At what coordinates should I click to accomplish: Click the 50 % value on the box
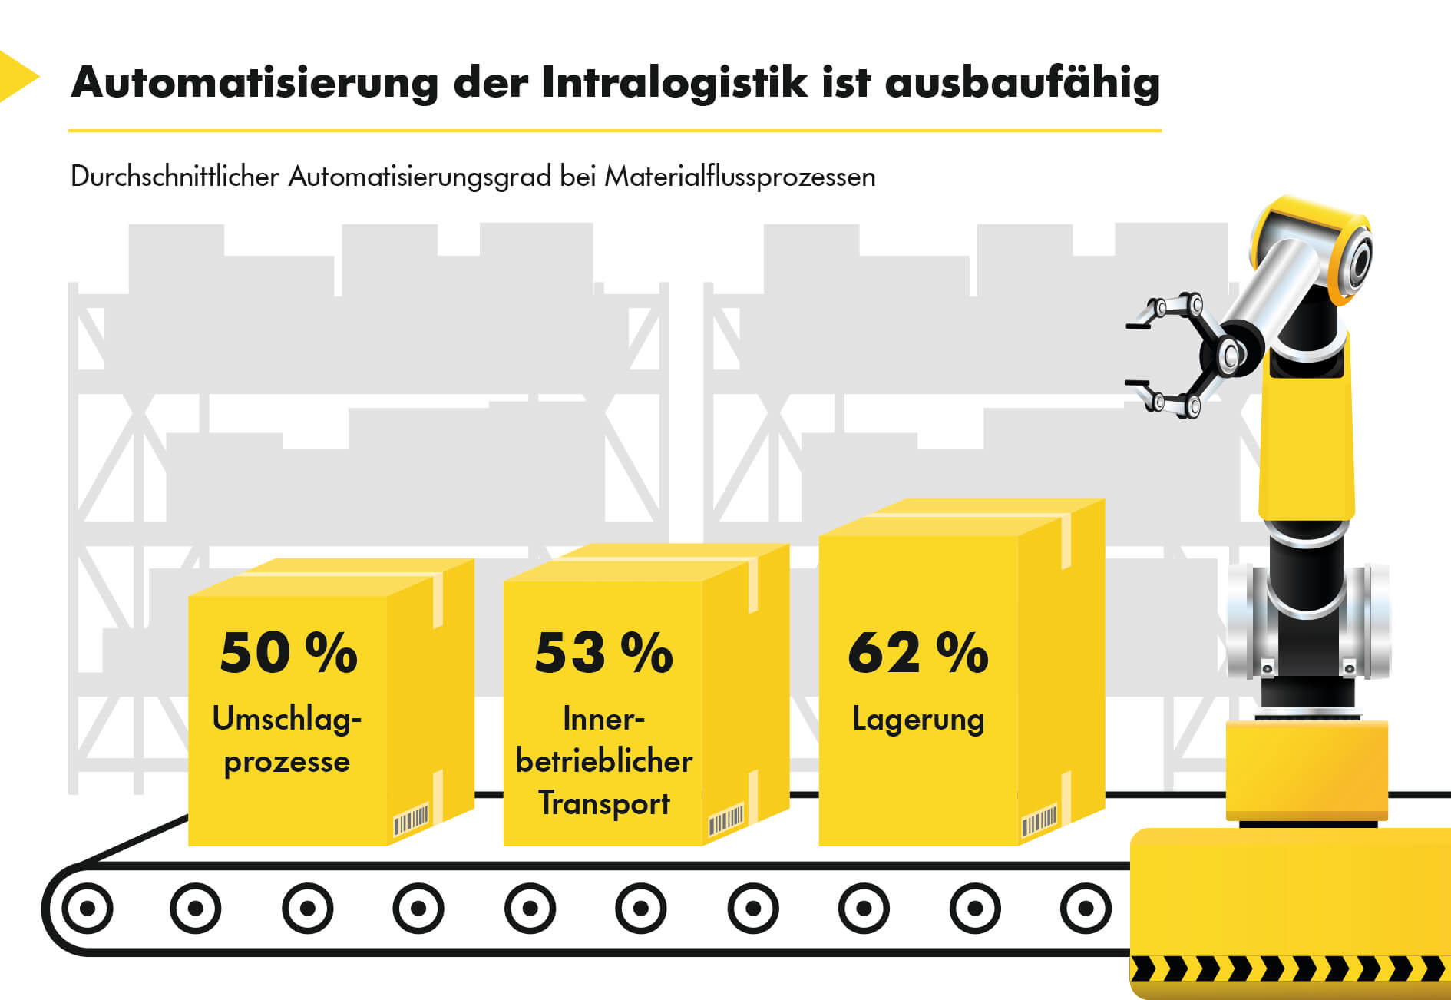[x=289, y=653]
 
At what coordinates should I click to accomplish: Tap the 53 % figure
[x=603, y=653]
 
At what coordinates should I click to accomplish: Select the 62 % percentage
[x=918, y=653]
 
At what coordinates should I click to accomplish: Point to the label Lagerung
[x=918, y=720]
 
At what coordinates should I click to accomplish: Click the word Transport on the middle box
[x=604, y=803]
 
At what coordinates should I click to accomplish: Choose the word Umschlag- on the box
[x=287, y=719]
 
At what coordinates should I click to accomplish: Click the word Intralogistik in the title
[x=674, y=82]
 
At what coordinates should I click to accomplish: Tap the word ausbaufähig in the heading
[x=1022, y=82]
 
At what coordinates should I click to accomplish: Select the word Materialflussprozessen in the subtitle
[x=740, y=177]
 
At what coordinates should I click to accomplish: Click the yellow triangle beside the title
[x=15, y=76]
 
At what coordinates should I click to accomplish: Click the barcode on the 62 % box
[x=1039, y=823]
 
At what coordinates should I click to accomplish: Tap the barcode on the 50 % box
[x=411, y=820]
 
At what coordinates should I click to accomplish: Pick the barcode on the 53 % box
[x=725, y=820]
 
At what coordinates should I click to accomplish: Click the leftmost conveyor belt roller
[x=88, y=909]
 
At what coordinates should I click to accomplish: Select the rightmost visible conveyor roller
[x=1086, y=909]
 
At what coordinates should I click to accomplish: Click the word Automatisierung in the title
[x=254, y=82]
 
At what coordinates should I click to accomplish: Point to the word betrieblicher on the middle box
[x=604, y=761]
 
